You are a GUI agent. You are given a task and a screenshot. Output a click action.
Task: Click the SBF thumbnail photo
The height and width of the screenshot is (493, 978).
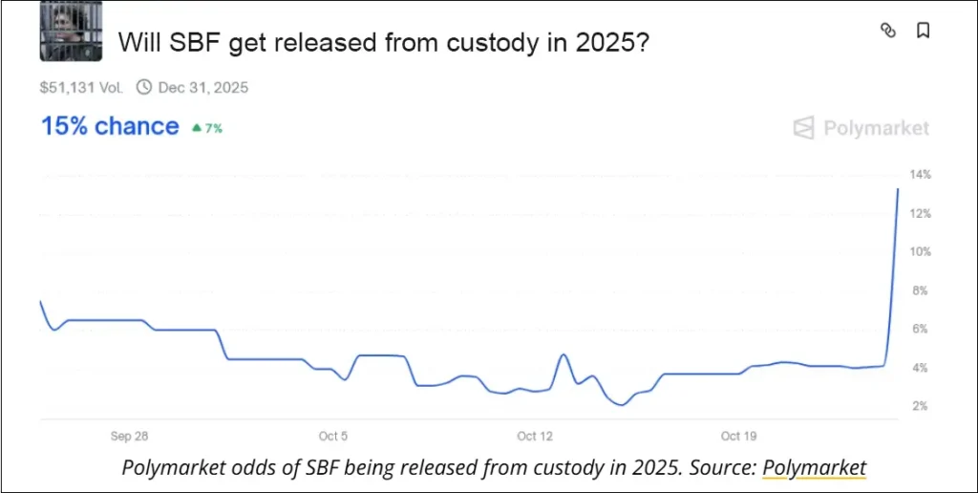71,31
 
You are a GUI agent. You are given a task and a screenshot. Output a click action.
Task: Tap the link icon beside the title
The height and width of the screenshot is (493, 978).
887,31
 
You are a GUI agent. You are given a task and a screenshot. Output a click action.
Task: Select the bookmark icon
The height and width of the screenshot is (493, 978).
923,31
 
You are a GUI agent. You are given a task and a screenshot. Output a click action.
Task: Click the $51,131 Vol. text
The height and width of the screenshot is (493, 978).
81,88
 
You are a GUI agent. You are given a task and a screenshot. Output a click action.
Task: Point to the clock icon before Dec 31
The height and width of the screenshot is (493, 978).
144,88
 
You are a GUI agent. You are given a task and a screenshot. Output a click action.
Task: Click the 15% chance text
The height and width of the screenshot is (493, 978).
109,127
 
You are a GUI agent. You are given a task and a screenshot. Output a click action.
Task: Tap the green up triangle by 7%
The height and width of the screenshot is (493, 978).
196,127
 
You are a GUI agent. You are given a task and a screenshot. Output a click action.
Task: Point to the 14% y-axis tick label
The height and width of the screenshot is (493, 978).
920,175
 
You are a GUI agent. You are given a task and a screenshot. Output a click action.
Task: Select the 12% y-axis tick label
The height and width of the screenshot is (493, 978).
920,213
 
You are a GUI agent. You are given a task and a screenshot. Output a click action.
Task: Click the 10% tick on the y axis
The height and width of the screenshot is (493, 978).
920,252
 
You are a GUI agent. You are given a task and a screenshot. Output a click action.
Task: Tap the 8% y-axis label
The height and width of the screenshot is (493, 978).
920,290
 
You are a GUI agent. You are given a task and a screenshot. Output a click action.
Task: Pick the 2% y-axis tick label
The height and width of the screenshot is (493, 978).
920,406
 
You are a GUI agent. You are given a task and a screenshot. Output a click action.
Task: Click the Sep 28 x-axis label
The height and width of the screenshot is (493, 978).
129,437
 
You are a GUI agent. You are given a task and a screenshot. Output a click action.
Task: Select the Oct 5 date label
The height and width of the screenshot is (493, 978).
333,437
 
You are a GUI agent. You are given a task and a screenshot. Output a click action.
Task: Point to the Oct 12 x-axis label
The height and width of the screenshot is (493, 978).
535,437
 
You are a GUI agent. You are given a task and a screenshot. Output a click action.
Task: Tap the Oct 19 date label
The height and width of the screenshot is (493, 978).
738,437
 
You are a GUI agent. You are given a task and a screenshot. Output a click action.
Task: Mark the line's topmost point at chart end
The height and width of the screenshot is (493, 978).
898,189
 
